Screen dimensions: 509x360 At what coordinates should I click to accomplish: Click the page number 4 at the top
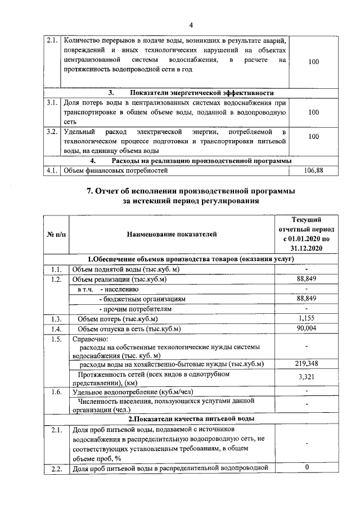(x=191, y=25)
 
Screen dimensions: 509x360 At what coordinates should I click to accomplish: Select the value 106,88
(x=314, y=170)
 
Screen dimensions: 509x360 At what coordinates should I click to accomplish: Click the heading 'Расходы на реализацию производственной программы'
(x=191, y=160)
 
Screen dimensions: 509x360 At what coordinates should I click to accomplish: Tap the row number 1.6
(x=56, y=391)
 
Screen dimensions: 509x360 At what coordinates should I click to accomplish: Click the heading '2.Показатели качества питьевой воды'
(x=191, y=419)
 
